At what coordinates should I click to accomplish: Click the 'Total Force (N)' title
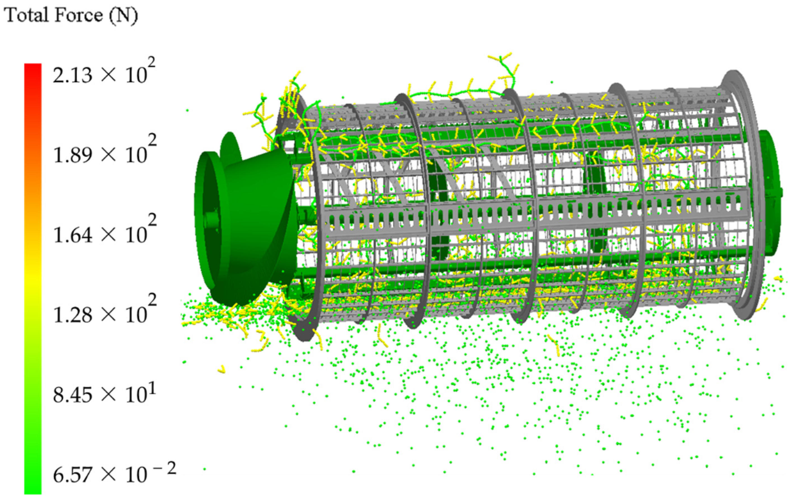coord(71,16)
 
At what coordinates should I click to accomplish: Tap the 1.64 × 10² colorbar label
coord(104,234)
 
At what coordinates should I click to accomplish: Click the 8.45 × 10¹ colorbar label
coord(104,394)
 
